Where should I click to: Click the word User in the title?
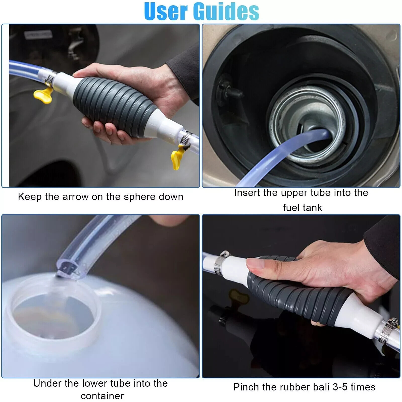[x=166, y=11]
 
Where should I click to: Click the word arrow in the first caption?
[x=76, y=197]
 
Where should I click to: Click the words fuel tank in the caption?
[x=302, y=208]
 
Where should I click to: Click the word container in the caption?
[x=102, y=396]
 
